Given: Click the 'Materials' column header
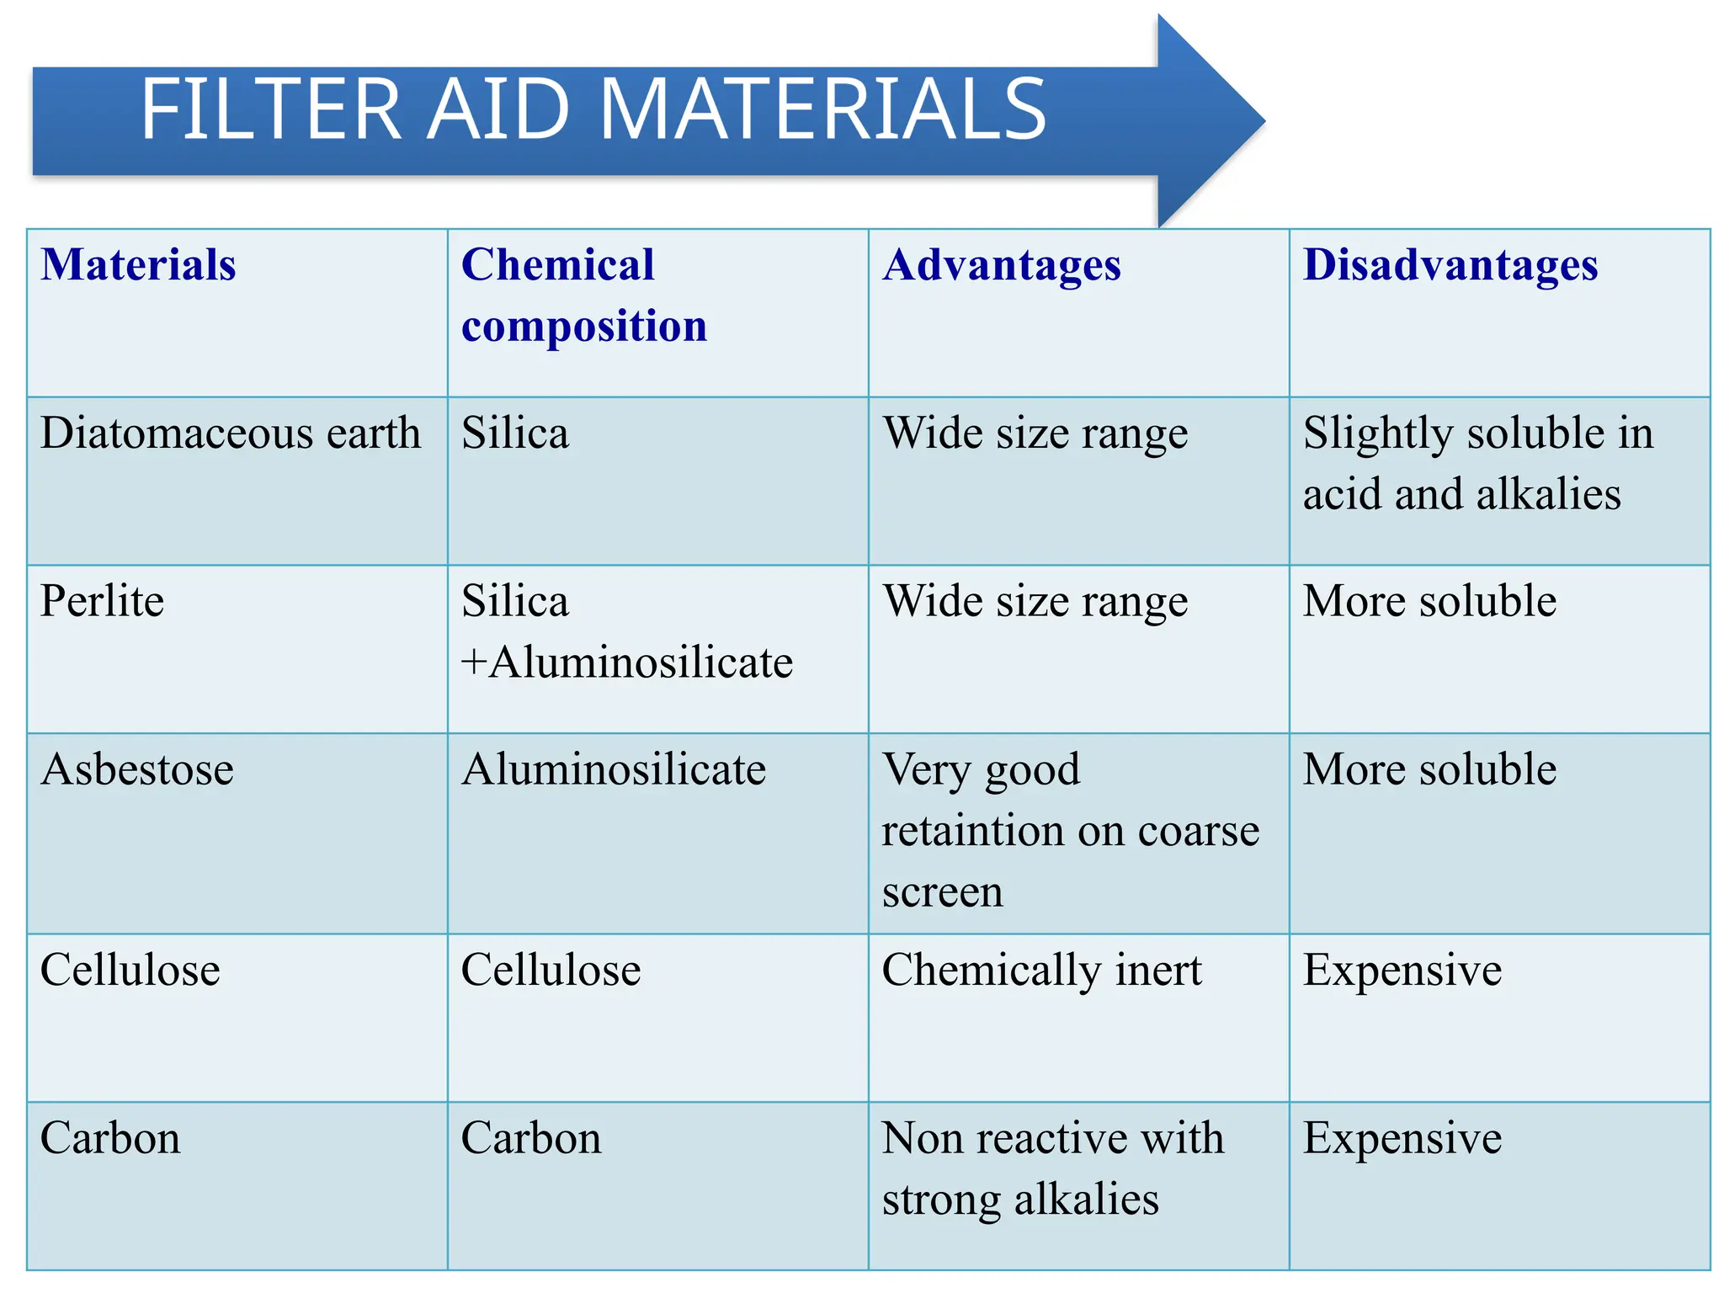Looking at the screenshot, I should point(139,265).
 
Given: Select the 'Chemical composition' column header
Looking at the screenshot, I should point(584,295).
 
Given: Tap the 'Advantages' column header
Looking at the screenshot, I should point(1002,265).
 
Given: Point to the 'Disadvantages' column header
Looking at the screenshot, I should point(1450,265).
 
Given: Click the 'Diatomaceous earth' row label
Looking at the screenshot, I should point(231,434).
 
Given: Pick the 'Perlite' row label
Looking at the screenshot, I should point(103,601).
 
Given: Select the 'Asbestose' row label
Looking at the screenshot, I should point(137,769).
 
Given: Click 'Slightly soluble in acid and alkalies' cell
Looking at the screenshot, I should point(1477,463).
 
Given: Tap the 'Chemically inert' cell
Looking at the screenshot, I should point(1041,970).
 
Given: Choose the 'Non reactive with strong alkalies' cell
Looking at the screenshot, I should point(1052,1168).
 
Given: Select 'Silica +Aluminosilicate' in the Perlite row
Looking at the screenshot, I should point(626,631).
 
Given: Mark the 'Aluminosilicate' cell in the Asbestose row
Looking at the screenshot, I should point(614,769).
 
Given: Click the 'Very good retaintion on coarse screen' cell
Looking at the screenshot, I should point(1069,830).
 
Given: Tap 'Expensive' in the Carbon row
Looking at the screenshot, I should point(1402,1138).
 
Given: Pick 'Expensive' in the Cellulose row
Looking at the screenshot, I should point(1402,970).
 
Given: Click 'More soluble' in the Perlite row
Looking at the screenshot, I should point(1429,601).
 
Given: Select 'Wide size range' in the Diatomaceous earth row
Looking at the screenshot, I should point(1035,434).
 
